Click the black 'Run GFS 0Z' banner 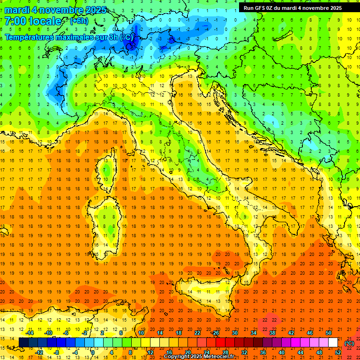point(292,7)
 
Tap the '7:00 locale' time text point(33,21)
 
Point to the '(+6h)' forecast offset point(78,21)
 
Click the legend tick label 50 point(329,333)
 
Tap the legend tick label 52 point(338,352)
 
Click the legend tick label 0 point(93,352)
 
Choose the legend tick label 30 point(234,333)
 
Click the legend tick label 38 point(272,333)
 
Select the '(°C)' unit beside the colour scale point(349,343)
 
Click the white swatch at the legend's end point(333,343)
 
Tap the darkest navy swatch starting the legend point(23,343)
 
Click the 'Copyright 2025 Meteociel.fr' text point(199,357)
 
